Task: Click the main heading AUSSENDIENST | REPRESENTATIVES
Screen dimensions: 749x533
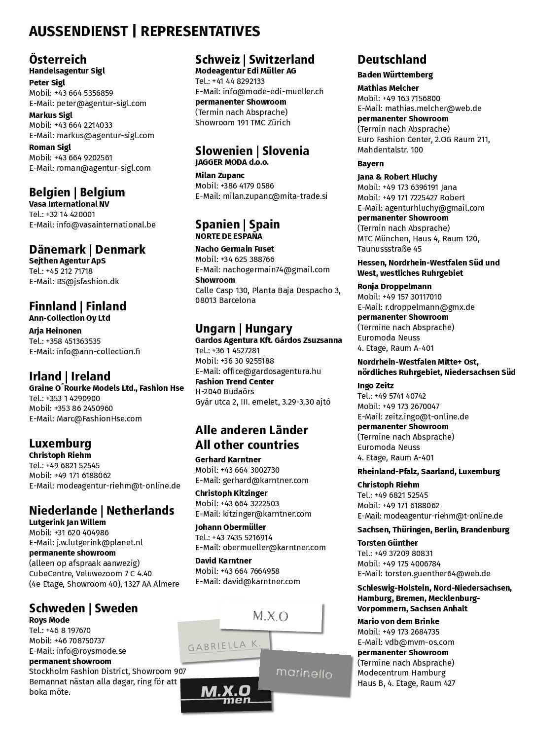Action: pyautogui.click(x=144, y=32)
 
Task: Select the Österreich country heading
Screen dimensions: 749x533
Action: pyautogui.click(x=58, y=60)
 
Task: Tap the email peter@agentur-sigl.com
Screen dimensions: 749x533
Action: pyautogui.click(x=101, y=103)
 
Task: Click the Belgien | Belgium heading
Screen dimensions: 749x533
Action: pyautogui.click(x=77, y=192)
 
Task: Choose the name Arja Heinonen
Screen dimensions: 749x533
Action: pyautogui.click(x=55, y=331)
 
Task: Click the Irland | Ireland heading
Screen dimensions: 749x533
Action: pyautogui.click(x=70, y=376)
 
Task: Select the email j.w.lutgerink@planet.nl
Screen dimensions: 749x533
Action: pyautogui.click(x=99, y=542)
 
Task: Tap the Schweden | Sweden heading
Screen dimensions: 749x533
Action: pyautogui.click(x=83, y=608)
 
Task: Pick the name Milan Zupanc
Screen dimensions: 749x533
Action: pyautogui.click(x=220, y=175)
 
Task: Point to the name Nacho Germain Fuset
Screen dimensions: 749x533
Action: pyautogui.click(x=235, y=249)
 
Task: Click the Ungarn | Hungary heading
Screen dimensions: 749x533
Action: pyautogui.click(x=244, y=329)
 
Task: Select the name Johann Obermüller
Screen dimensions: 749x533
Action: pyautogui.click(x=230, y=527)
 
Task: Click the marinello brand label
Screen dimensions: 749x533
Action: pyautogui.click(x=304, y=673)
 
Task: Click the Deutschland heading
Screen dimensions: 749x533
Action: pyautogui.click(x=392, y=60)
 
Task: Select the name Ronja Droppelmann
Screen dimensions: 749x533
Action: pyautogui.click(x=394, y=286)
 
